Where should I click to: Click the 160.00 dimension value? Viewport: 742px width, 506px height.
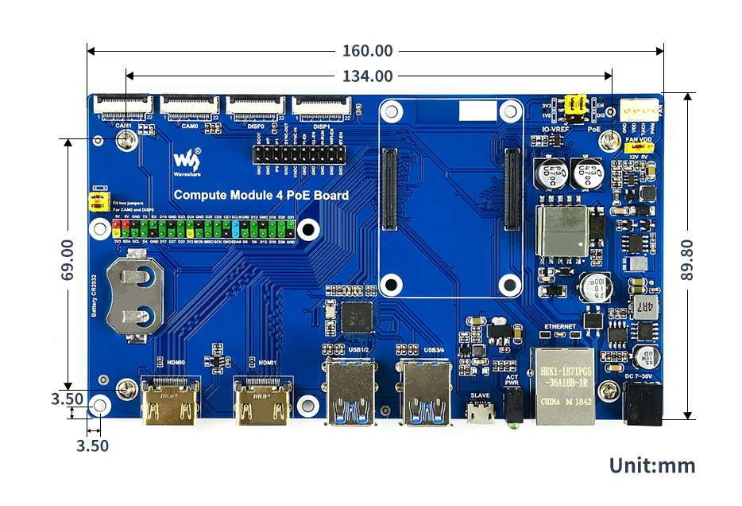click(367, 51)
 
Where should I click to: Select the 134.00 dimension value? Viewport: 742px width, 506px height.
click(367, 76)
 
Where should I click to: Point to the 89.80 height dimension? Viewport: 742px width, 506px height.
click(687, 259)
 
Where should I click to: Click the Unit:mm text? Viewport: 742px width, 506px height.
click(652, 465)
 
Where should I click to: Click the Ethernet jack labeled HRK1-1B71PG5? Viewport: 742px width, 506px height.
click(566, 385)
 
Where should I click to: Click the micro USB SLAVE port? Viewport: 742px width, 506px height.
click(481, 413)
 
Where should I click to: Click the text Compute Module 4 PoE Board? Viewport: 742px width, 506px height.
click(261, 195)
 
